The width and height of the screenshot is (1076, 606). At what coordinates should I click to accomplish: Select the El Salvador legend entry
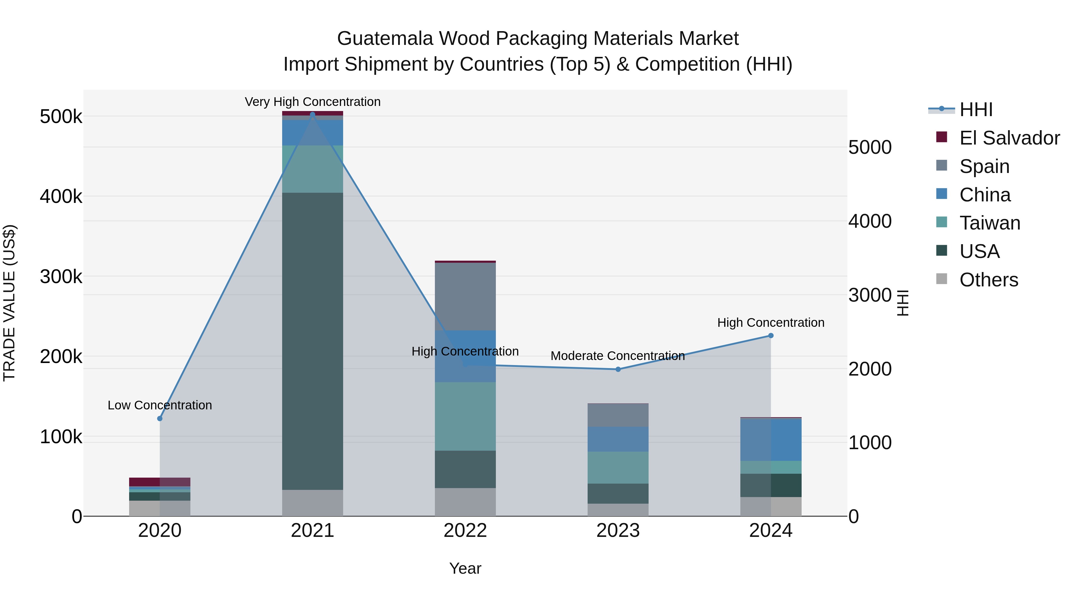click(x=1009, y=138)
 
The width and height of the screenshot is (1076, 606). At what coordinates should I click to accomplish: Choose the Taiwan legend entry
click(x=989, y=223)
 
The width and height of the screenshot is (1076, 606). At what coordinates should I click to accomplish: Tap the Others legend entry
click(x=988, y=280)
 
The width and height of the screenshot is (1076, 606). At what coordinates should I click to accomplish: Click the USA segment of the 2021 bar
click(x=312, y=341)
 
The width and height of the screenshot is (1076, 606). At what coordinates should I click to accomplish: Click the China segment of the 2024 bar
click(x=771, y=439)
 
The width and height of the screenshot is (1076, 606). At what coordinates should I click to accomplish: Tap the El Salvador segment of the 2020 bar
click(x=160, y=482)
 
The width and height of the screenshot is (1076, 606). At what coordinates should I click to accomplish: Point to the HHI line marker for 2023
click(x=618, y=369)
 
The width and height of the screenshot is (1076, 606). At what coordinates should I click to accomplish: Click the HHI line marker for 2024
click(x=771, y=335)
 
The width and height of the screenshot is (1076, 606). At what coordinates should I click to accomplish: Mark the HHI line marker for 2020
click(x=160, y=419)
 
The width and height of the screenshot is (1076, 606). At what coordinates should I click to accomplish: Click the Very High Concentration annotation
click(x=312, y=102)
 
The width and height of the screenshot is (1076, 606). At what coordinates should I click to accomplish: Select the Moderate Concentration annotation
click(x=618, y=356)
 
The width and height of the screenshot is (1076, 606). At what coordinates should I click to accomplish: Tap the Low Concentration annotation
click(x=160, y=405)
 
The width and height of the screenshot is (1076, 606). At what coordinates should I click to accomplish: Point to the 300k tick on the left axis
click(x=61, y=277)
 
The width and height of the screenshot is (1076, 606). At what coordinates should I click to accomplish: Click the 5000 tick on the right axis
click(x=870, y=147)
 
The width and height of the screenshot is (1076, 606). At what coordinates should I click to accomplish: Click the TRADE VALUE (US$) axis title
click(x=9, y=303)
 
